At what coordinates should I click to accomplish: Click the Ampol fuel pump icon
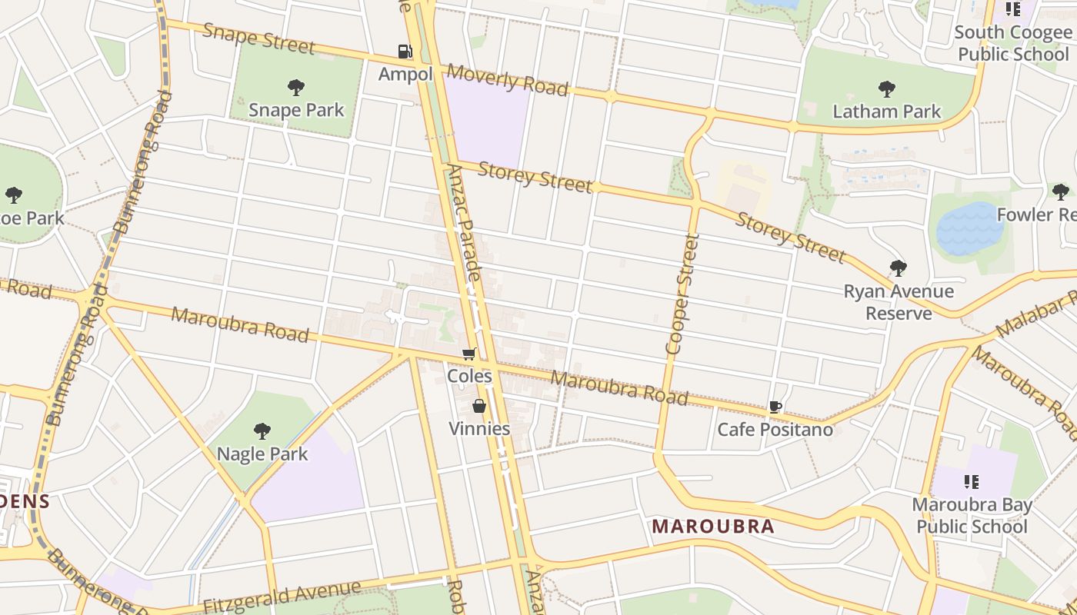coord(405,52)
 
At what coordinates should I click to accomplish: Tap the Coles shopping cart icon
coord(468,354)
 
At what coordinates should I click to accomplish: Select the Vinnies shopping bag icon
coord(479,406)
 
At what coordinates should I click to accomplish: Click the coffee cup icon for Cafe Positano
coord(775,407)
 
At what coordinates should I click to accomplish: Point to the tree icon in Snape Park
coord(296,88)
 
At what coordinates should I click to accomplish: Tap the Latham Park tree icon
coord(887,89)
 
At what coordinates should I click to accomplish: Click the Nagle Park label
coord(262,454)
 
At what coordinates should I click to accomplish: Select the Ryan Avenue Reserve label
coord(899,302)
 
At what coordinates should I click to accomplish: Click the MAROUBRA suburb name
coord(713,527)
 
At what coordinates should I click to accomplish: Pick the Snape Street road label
coord(258,38)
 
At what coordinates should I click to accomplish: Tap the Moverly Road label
coord(507,80)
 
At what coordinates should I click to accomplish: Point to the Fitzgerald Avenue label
coord(282,597)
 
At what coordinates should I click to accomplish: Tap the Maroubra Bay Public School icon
coord(972,482)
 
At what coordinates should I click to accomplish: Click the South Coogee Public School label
coord(1012,43)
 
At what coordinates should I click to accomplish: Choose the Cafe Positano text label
coord(775,429)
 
